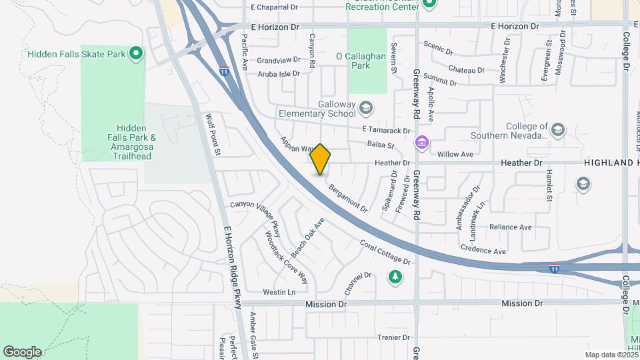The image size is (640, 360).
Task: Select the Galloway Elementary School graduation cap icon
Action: [365, 107]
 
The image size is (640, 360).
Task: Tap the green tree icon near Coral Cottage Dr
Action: [395, 277]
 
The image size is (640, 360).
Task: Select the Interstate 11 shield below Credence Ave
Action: [555, 268]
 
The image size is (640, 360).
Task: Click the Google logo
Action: [22, 352]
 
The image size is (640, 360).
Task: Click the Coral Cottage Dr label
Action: [385, 251]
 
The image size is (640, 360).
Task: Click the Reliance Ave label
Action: [510, 227]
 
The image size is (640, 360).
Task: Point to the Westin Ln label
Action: [279, 292]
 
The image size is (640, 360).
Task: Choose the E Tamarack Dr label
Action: [385, 130]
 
